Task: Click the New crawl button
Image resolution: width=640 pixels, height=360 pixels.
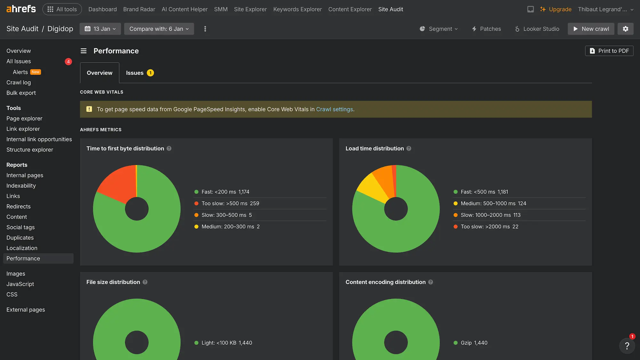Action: pos(591,29)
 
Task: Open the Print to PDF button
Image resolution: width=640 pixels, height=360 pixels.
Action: pos(609,51)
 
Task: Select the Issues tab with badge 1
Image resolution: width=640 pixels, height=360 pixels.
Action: pos(140,73)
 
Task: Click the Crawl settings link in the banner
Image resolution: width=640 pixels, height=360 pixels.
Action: pos(334,109)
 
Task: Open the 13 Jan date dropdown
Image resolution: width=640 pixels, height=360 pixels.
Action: pos(100,29)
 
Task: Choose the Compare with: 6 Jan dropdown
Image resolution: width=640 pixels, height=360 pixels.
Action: pos(159,29)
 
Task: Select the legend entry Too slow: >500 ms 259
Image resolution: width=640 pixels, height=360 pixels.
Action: pos(230,204)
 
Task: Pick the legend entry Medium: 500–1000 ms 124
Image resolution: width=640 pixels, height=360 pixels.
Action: pos(493,204)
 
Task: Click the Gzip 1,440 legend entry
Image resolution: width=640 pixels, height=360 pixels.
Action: pos(474,343)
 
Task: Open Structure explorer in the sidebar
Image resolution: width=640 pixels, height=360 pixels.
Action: pos(30,150)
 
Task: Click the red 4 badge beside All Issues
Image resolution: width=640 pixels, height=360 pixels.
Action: pos(68,61)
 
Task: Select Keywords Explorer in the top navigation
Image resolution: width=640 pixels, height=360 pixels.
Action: pos(297,9)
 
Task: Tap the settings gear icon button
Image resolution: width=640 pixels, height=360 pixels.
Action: pos(625,29)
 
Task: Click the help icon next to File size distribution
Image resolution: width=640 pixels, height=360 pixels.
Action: pos(145,282)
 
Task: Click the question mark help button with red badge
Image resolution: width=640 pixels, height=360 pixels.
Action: pos(627,346)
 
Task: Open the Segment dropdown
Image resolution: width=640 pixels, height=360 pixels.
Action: pos(439,29)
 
